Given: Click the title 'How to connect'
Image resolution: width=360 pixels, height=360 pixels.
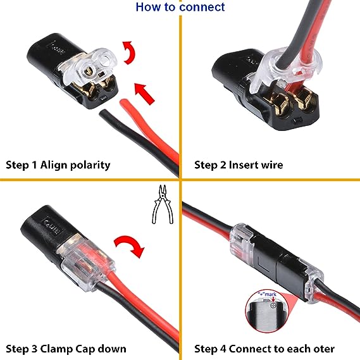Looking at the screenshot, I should tap(180, 8).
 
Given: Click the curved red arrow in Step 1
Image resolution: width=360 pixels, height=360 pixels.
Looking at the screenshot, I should tap(129, 53).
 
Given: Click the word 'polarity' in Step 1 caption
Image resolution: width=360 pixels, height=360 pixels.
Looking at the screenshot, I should tap(86, 165).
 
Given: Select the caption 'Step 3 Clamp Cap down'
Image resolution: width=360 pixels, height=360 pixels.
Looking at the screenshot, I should tap(66, 348).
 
